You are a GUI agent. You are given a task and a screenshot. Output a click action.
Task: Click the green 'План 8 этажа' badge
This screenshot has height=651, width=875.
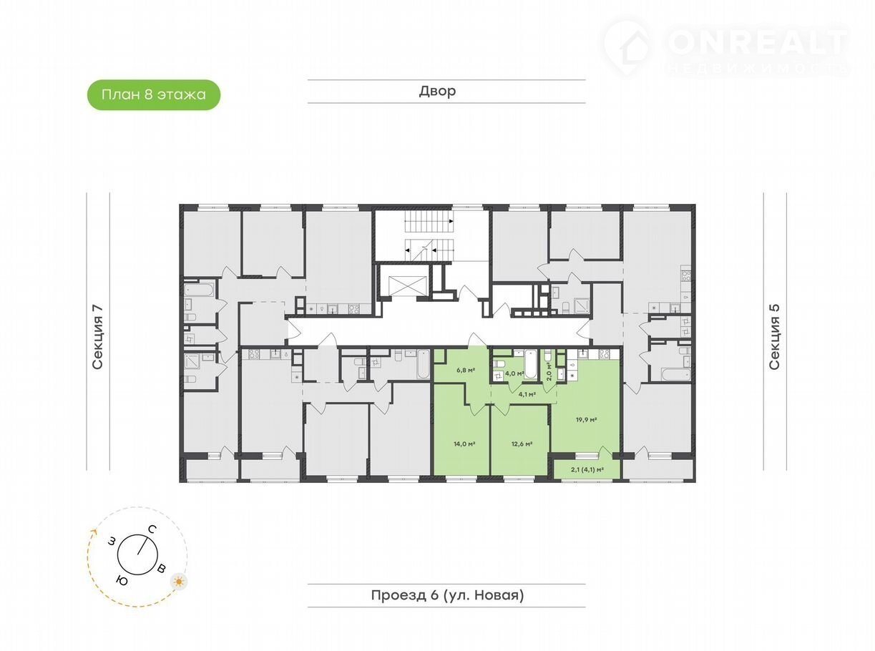pos(153,94)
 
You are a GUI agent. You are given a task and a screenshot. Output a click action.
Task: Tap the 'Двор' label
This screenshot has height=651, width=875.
pos(437,91)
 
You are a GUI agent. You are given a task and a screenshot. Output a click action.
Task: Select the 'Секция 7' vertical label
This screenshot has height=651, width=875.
pos(97,337)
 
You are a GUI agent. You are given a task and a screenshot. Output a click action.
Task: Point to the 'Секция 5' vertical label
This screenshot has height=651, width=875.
pos(774,337)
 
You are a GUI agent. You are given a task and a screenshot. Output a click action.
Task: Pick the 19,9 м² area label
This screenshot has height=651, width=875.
pos(586,420)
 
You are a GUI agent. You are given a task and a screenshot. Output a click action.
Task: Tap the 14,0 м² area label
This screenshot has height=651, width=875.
pos(464,444)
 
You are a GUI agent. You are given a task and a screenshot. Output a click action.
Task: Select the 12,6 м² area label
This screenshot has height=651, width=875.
pos(522,444)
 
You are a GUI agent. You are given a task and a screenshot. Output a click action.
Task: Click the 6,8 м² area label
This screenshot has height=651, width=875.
pos(466,370)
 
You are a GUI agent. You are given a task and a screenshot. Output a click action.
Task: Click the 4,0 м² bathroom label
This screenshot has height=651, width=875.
pos(515,373)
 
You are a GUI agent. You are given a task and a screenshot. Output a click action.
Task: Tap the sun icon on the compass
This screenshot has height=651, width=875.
pos(179,582)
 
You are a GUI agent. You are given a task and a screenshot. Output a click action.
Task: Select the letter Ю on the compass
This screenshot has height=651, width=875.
pos(122,580)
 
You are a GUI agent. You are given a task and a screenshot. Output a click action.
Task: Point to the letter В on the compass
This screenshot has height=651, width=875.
pos(162,569)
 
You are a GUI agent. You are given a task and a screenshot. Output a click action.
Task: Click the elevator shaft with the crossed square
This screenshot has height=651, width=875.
pos(408,285)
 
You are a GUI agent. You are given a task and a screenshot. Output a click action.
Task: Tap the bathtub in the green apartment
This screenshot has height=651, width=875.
pos(530,363)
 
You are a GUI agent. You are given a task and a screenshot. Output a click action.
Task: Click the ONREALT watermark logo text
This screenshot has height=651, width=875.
pos(758,41)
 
